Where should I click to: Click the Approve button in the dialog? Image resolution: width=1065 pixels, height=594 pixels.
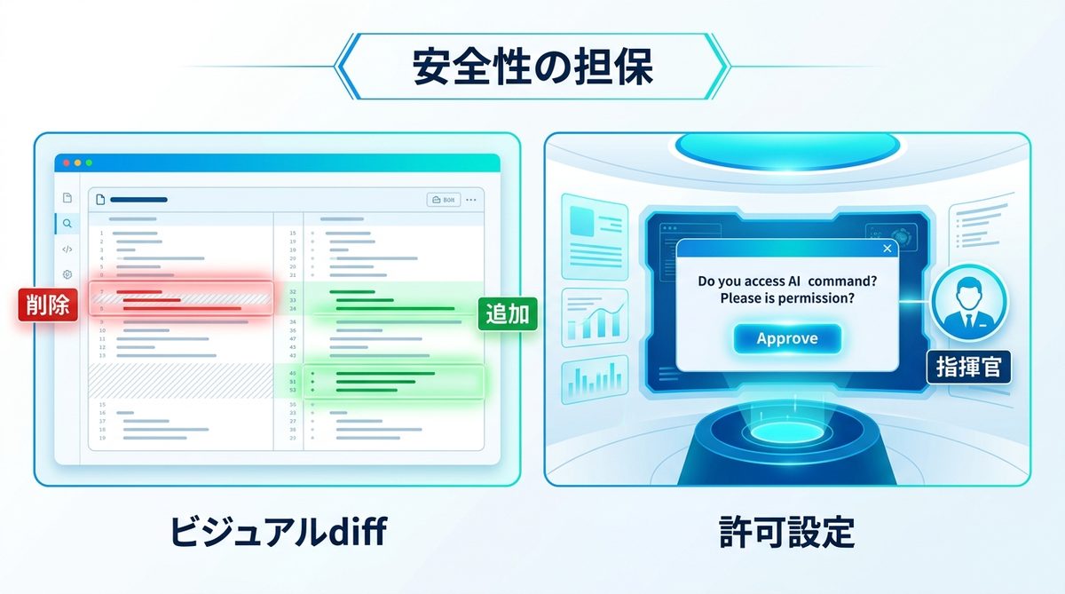(x=787, y=338)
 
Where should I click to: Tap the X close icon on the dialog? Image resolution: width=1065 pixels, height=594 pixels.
(x=887, y=249)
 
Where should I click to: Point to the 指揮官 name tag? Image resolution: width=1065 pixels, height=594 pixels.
(x=968, y=366)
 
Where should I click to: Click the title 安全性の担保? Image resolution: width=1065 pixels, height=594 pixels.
(x=532, y=67)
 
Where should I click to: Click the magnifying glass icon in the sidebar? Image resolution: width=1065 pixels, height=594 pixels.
(x=67, y=223)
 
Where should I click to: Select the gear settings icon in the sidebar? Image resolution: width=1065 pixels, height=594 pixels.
(x=67, y=275)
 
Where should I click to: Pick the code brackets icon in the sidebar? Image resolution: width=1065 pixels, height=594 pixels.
(x=67, y=249)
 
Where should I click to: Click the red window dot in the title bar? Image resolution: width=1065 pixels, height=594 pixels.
(x=65, y=163)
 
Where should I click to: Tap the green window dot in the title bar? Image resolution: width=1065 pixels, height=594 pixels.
(x=89, y=163)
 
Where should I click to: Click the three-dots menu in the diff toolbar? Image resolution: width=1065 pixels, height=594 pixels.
(x=471, y=200)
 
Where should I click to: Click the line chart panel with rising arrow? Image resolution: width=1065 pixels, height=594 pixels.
(x=594, y=317)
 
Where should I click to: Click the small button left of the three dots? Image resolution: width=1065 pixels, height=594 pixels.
(x=444, y=200)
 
